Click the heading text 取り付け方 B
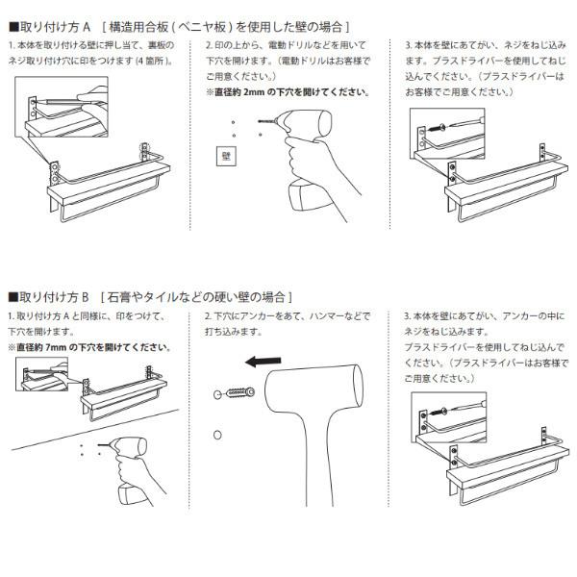pyautogui.click(x=54, y=296)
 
